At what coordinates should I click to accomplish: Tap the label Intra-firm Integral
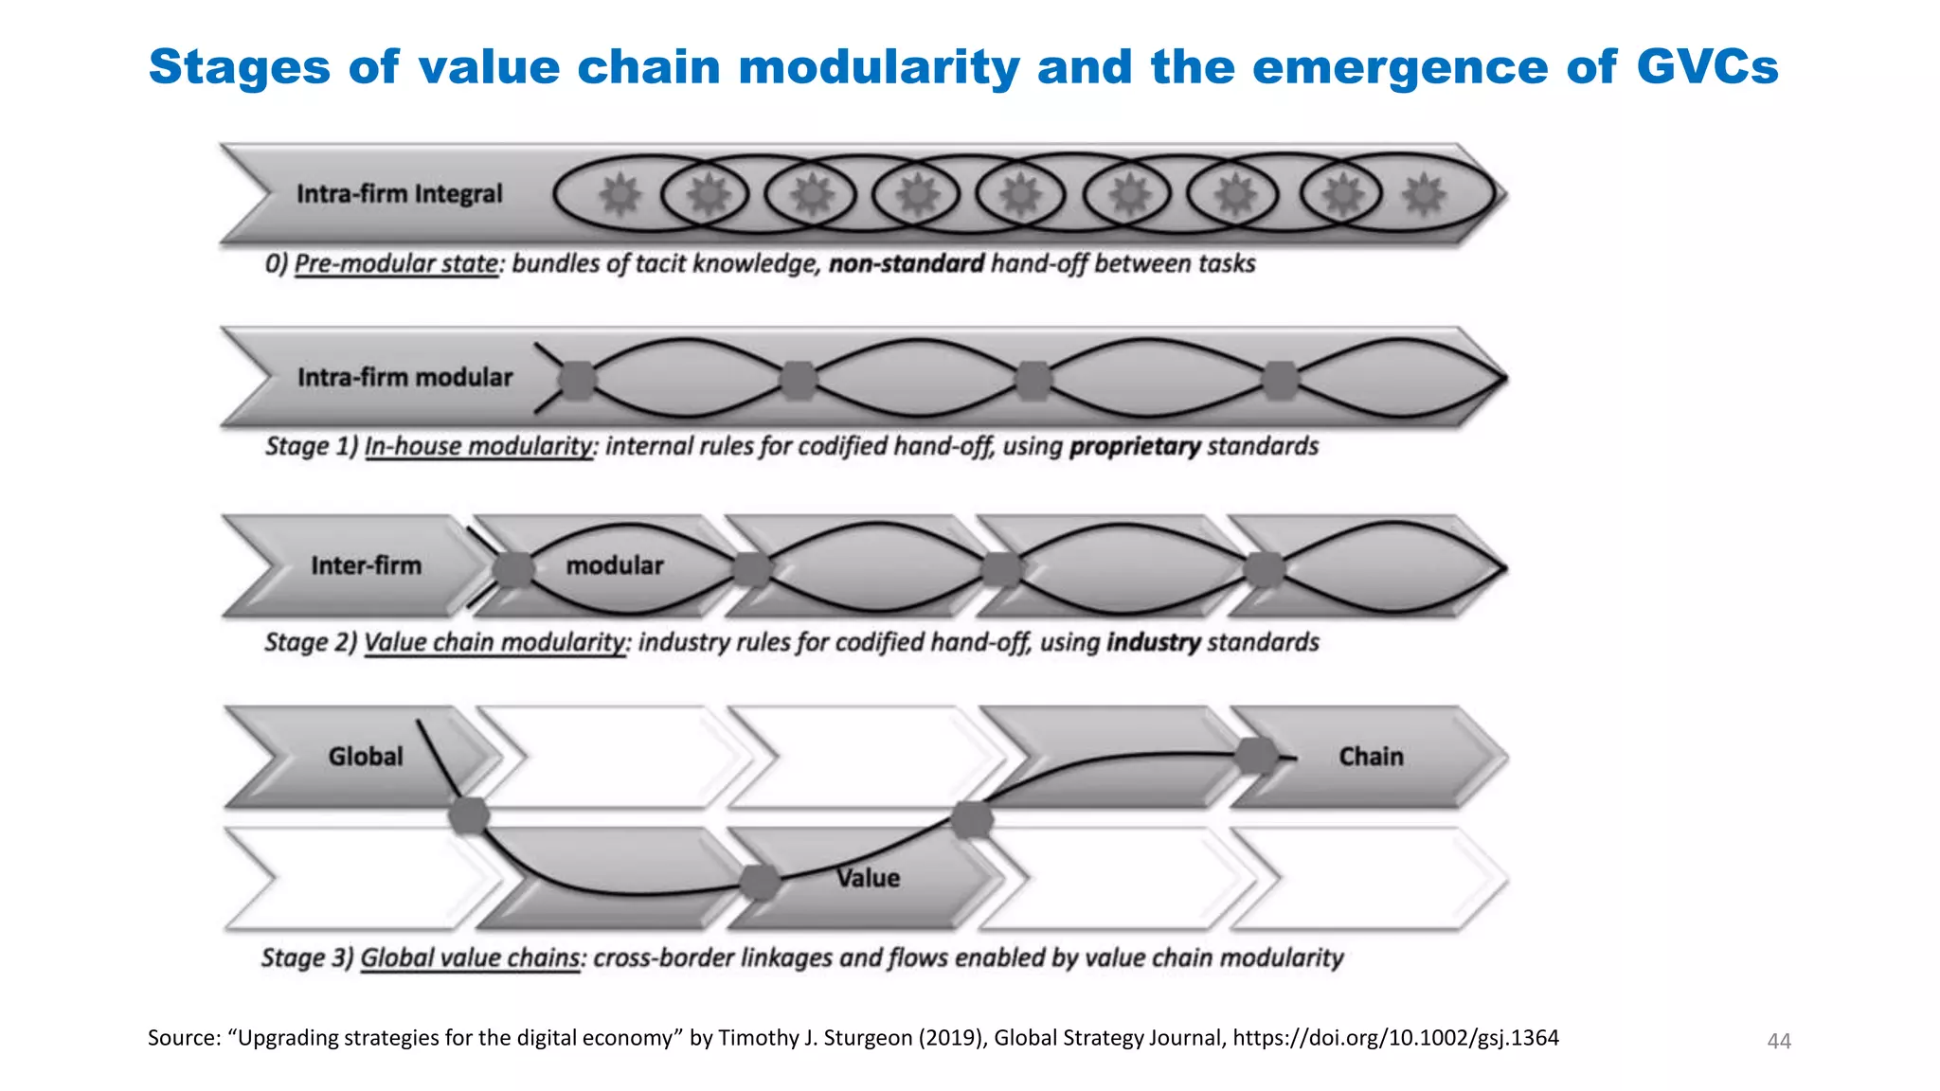click(x=399, y=194)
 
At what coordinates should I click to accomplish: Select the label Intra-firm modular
click(x=404, y=377)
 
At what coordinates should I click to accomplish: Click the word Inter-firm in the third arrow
click(x=366, y=565)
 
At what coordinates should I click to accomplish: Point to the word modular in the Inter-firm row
click(x=615, y=565)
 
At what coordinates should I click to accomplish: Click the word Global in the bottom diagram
click(x=366, y=757)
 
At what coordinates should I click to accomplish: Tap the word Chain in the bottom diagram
click(x=1371, y=757)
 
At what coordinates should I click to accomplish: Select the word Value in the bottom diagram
click(x=868, y=878)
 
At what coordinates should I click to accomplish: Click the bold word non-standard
click(x=907, y=263)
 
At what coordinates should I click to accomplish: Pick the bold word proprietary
click(x=1135, y=446)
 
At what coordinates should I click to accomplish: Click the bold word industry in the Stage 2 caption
click(x=1154, y=642)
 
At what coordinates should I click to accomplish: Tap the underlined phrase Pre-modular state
click(x=396, y=263)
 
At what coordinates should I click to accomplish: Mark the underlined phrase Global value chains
click(x=471, y=957)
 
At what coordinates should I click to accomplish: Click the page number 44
click(x=1779, y=1042)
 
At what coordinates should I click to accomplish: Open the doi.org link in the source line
click(x=1395, y=1038)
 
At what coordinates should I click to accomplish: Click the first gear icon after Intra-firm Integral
click(x=620, y=195)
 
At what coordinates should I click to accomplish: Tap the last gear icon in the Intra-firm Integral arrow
click(x=1424, y=195)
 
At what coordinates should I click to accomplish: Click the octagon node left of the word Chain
click(x=1257, y=756)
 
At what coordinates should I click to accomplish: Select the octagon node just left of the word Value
click(x=760, y=883)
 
